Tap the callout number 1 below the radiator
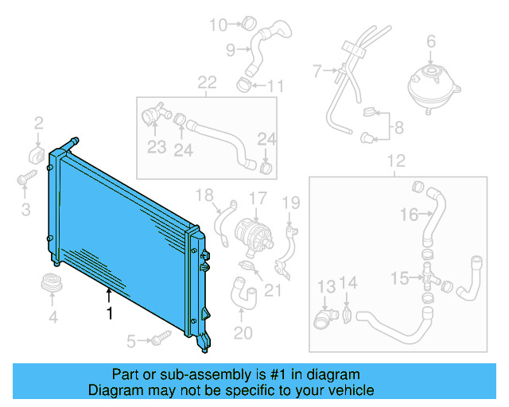tap(110, 313)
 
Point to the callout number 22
tap(207, 83)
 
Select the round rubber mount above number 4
tap(52, 285)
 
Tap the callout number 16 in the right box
tap(409, 214)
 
